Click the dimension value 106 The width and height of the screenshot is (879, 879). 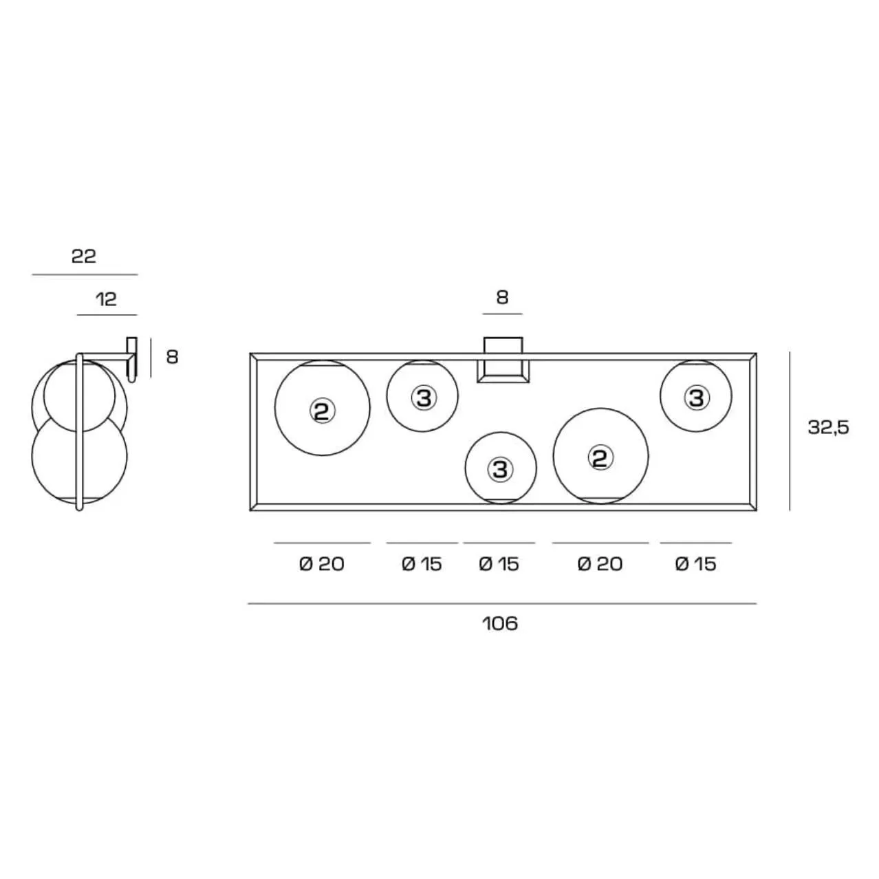(x=500, y=624)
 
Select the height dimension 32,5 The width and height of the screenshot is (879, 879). (x=828, y=427)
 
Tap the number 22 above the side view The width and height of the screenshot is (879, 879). (x=83, y=257)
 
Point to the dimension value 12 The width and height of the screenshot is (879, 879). (x=107, y=299)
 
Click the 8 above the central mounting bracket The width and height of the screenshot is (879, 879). (x=502, y=297)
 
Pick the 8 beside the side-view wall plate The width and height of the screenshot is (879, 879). (x=172, y=357)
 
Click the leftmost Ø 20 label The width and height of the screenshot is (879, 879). (x=322, y=564)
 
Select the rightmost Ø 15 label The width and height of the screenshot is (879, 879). (x=695, y=564)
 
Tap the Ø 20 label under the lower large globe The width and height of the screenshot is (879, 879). (x=600, y=564)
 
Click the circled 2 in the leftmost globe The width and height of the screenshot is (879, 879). (x=323, y=411)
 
